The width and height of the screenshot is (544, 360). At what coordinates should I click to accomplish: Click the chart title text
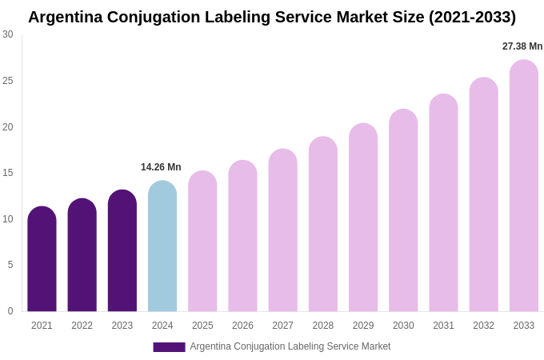272,17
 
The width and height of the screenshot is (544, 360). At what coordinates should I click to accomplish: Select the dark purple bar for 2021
42,259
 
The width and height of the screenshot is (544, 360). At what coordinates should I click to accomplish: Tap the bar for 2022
82,255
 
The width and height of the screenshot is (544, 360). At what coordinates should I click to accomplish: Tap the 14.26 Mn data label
161,167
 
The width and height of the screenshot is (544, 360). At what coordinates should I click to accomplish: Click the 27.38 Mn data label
522,46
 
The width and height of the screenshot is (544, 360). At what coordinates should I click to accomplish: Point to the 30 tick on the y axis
8,34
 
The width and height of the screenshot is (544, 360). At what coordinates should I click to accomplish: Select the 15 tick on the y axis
8,173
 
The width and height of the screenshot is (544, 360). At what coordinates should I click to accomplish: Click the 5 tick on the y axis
10,265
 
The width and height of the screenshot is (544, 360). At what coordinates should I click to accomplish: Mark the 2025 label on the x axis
202,326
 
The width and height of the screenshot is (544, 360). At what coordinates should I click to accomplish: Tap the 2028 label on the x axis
323,326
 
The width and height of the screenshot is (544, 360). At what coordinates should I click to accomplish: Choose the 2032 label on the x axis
483,326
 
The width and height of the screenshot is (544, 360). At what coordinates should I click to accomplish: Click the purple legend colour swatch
169,347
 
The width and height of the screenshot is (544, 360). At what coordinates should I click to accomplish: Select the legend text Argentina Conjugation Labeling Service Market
290,346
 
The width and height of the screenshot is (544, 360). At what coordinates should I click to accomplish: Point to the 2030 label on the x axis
403,326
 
